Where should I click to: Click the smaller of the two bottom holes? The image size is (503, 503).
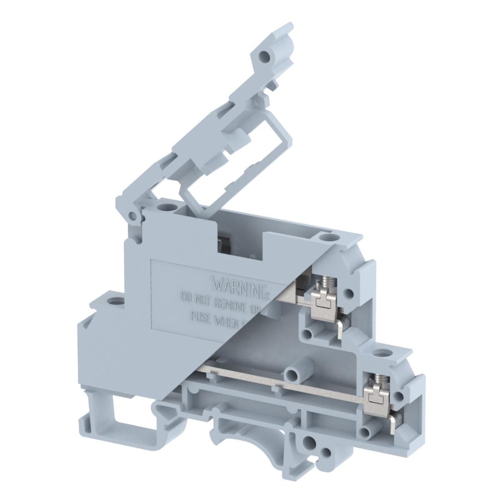[x=327, y=452]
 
